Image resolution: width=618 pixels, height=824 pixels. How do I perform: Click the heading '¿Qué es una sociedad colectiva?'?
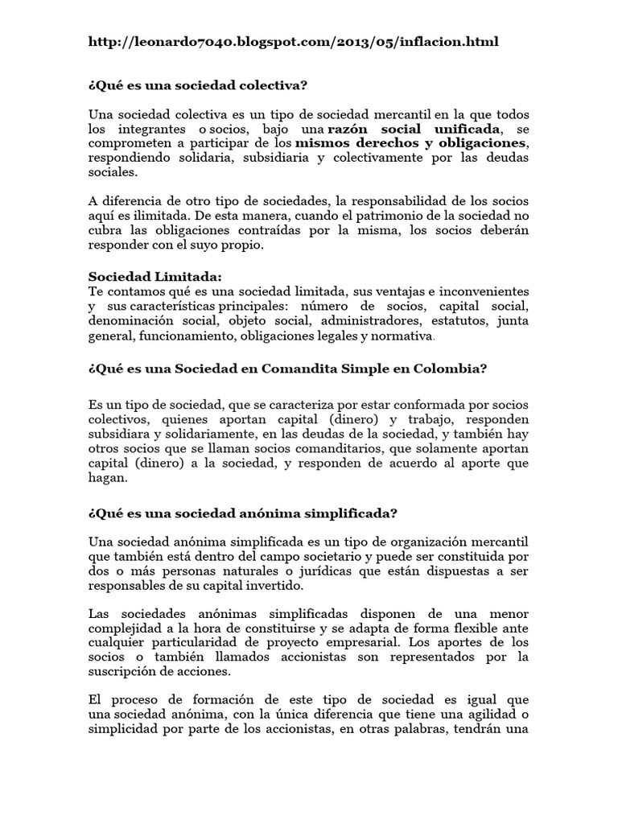click(198, 84)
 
